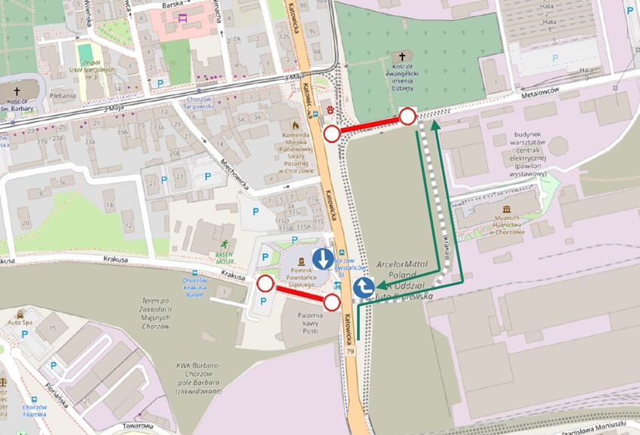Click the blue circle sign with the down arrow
323,260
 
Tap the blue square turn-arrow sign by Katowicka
364,287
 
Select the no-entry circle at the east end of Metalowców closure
407,116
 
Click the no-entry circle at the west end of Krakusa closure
265,284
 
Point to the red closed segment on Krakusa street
299,294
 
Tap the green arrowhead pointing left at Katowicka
381,286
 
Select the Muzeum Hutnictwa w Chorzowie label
519,227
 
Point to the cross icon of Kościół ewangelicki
403,57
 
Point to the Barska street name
173,5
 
